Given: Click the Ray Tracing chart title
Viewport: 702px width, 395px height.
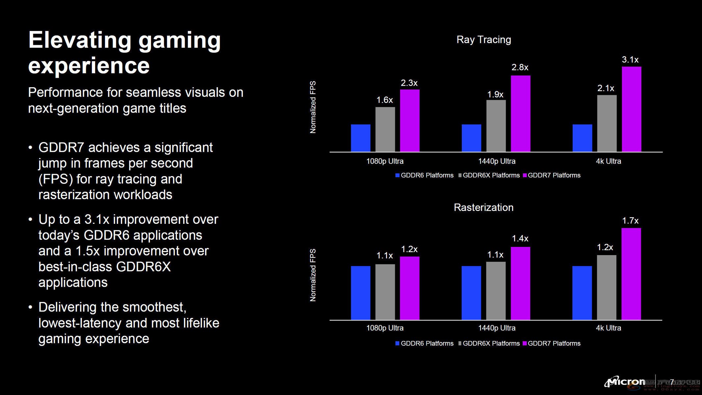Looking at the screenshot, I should [483, 40].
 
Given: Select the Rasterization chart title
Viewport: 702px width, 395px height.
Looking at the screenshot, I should [483, 207].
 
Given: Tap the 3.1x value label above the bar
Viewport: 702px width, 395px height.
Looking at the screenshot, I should [630, 60].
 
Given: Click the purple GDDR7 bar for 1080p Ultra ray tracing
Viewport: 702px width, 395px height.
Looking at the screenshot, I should [409, 120].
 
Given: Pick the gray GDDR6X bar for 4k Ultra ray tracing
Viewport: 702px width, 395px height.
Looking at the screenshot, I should [607, 123].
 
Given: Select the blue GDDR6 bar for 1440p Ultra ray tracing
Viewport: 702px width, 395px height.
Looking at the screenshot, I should [471, 138].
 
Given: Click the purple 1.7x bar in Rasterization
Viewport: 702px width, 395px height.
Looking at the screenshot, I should [631, 274].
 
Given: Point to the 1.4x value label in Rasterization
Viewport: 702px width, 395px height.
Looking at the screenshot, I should [520, 238].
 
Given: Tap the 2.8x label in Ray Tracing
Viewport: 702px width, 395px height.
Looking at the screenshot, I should [520, 67].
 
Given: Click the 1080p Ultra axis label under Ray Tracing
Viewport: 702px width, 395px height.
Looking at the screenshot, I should [385, 161].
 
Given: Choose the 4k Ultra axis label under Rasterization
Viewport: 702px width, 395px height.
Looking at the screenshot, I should [608, 328].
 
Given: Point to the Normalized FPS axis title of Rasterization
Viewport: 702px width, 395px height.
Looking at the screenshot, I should [313, 275].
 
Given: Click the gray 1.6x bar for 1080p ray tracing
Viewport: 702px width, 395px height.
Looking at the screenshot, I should [385, 129].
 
